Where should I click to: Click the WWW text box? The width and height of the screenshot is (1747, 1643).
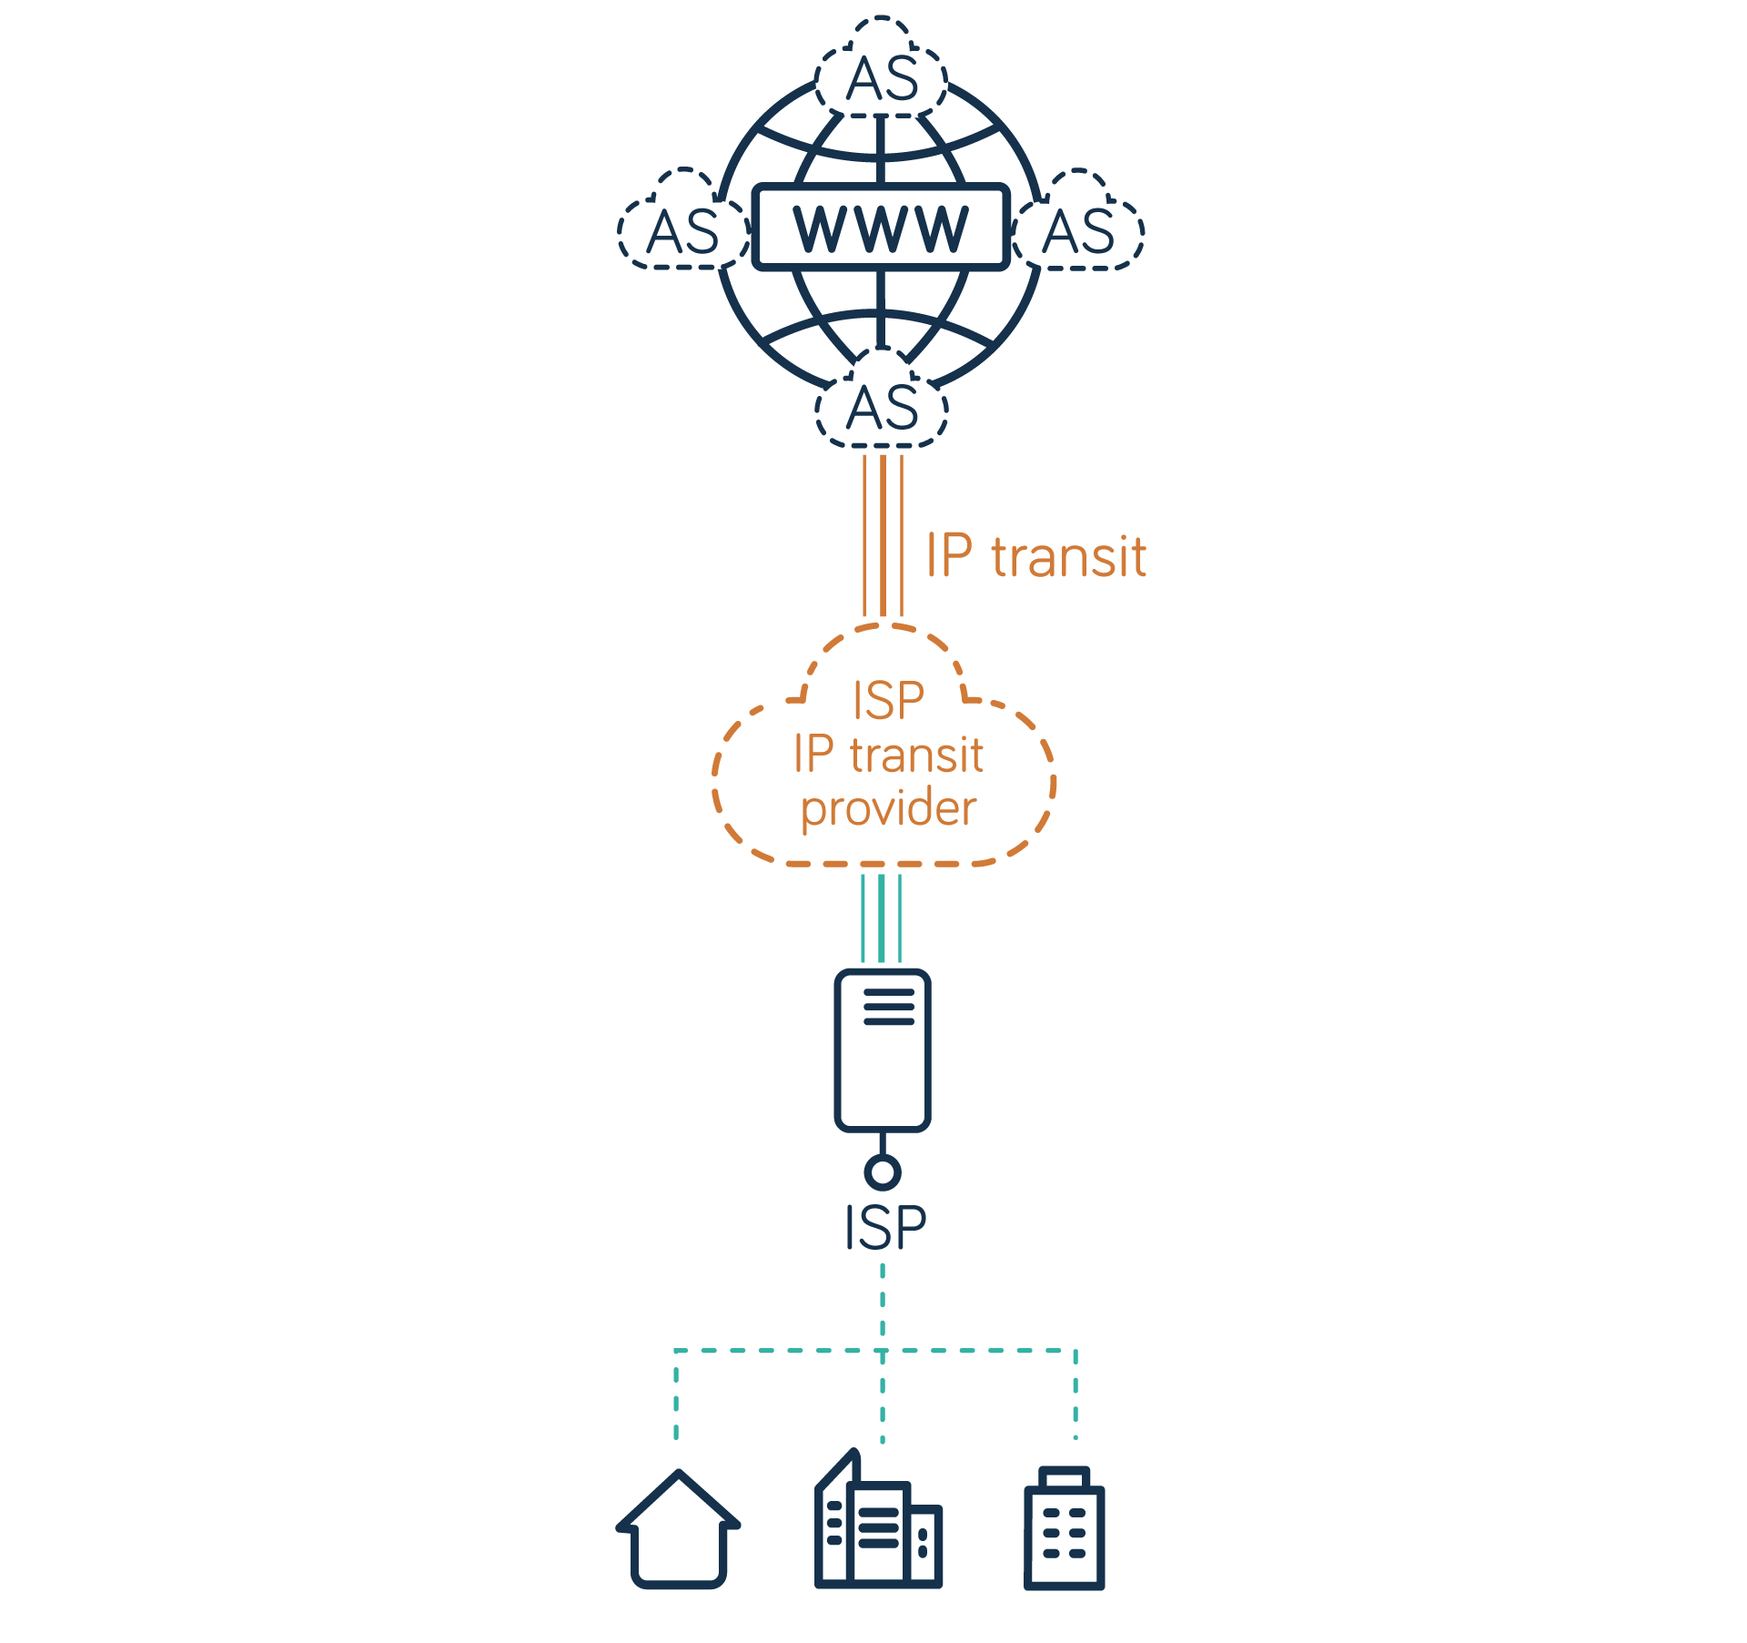881,228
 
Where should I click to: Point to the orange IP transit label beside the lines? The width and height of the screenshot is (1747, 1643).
1035,556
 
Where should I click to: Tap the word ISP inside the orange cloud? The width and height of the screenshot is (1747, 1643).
888,701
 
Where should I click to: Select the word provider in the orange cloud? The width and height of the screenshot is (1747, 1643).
888,808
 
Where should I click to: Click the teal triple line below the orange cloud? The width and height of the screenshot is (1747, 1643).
882,918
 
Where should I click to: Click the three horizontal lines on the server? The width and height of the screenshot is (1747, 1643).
888,1008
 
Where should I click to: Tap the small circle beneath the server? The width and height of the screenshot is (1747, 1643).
882,1171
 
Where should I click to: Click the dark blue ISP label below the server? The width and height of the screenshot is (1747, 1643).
884,1227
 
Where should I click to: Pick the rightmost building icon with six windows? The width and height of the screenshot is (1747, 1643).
1064,1529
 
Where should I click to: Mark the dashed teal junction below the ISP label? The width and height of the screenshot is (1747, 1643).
882,1351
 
